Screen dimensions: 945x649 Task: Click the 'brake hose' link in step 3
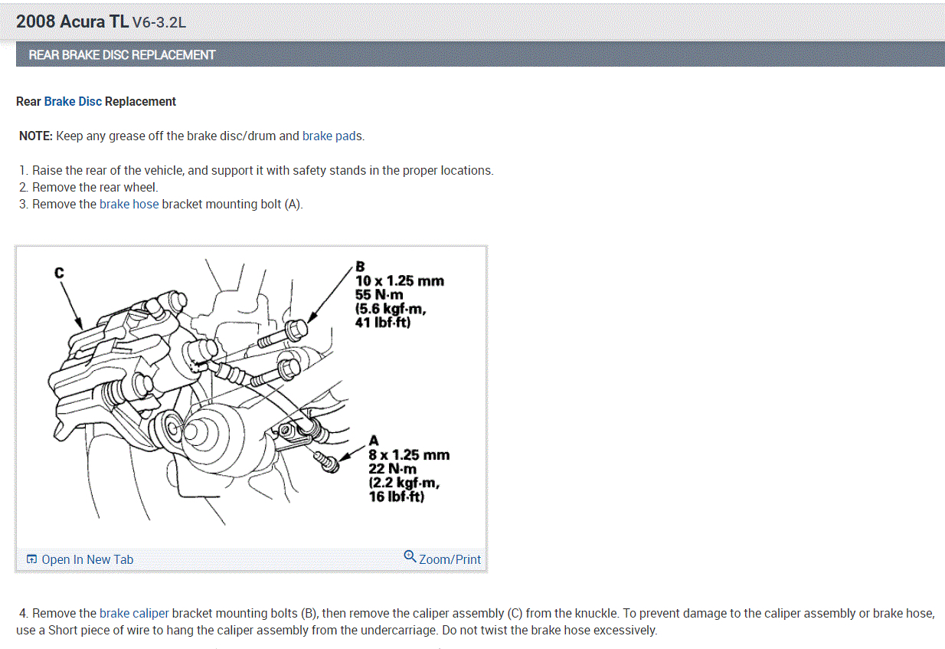(x=129, y=205)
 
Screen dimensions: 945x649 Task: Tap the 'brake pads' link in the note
(x=332, y=136)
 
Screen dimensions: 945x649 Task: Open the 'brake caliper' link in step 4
(x=134, y=613)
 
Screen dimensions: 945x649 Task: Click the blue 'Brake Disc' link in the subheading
(x=73, y=102)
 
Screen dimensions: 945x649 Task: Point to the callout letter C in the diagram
(x=59, y=273)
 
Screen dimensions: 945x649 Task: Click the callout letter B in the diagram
(x=360, y=267)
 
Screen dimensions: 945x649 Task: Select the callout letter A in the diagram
(x=374, y=441)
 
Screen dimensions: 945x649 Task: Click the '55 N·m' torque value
(x=379, y=295)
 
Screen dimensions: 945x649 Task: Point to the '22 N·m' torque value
(x=392, y=469)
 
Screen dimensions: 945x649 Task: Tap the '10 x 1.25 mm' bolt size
(x=400, y=281)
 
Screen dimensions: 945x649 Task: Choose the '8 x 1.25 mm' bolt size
(x=409, y=455)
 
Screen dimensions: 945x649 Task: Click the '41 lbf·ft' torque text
(x=383, y=323)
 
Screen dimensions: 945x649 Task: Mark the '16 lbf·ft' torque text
(x=396, y=497)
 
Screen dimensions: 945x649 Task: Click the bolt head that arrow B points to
(x=297, y=330)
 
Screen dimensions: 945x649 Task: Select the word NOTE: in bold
(x=36, y=136)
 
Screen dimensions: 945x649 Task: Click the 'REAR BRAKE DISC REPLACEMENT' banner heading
(x=122, y=55)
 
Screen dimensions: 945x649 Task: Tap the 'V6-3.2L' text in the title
(x=159, y=22)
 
